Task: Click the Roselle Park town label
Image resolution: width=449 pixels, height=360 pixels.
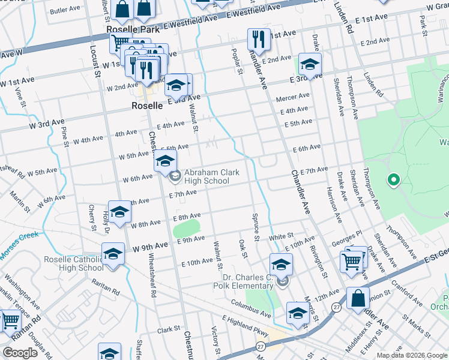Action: [x=130, y=29]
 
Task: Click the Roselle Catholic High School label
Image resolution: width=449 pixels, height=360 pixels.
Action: [x=74, y=264]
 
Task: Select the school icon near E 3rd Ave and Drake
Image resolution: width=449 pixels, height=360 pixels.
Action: [x=310, y=64]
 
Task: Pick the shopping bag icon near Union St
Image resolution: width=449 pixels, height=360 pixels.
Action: [x=358, y=298]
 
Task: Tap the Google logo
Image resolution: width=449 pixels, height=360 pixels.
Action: [x=20, y=352]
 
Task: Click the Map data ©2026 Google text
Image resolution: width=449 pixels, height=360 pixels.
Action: [x=411, y=355]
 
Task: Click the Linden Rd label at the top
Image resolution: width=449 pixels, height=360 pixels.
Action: [x=346, y=17]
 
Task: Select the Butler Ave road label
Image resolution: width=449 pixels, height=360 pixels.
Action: [x=65, y=11]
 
